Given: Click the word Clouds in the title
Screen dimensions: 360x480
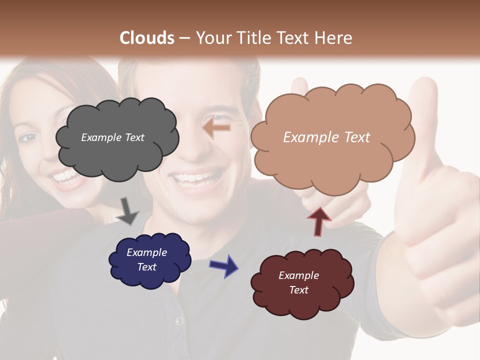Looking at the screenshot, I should coord(147,38).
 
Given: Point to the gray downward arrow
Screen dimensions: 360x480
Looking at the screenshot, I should coord(127,210).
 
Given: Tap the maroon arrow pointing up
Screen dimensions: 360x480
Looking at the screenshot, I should coord(319,220).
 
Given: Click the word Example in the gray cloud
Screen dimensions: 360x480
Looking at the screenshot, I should coord(100,137).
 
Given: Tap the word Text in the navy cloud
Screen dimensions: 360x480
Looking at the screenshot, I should coord(147,267).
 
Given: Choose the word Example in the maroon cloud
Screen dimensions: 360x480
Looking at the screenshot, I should coord(298,275).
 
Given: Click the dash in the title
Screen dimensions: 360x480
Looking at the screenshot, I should coord(184,38).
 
